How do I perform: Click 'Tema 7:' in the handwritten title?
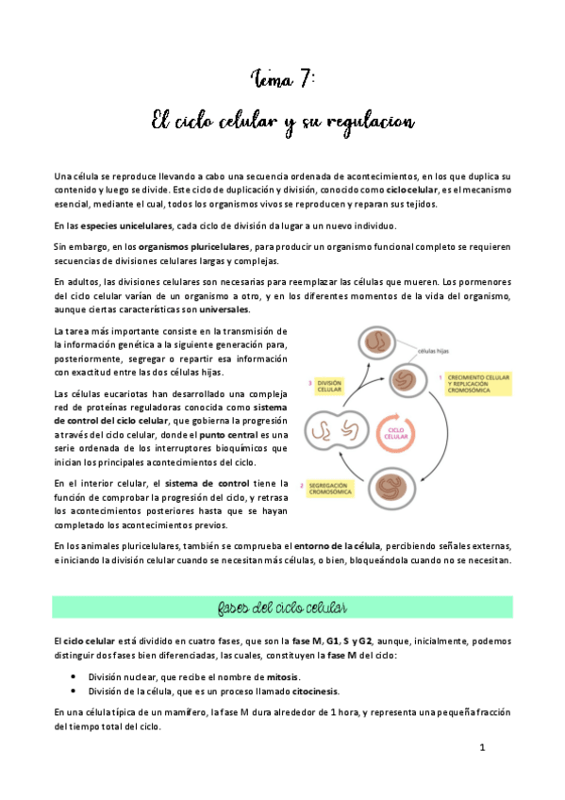point(282,78)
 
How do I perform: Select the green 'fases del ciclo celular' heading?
point(282,607)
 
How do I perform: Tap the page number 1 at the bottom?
point(482,748)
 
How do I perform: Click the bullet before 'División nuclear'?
point(74,677)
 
